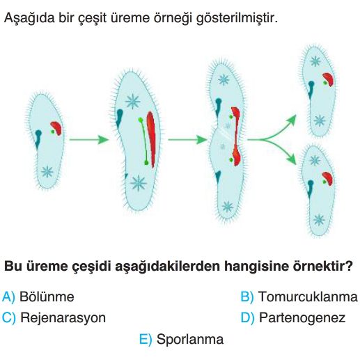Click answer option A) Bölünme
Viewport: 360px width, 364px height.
(38, 296)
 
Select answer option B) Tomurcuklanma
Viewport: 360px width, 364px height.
(299, 296)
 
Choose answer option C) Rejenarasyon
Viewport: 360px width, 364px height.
(54, 317)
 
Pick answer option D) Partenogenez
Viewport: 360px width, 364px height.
(293, 317)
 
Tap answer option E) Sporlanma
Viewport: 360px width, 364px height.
(182, 339)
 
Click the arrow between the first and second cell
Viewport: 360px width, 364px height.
(89, 139)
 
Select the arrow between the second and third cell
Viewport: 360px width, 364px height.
(187, 139)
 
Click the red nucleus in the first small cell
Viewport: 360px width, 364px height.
(57, 128)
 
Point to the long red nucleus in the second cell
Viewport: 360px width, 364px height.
(151, 139)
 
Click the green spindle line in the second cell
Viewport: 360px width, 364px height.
(144, 141)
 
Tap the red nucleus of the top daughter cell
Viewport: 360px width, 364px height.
(329, 79)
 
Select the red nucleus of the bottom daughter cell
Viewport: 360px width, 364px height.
(328, 178)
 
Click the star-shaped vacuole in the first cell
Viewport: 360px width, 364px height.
(47, 172)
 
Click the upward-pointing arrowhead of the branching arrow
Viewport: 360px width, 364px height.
(292, 120)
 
